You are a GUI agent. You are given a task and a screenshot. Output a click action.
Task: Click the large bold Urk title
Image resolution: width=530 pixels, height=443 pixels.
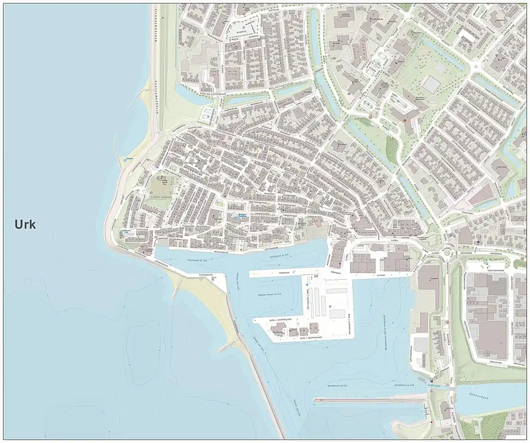tap(24, 225)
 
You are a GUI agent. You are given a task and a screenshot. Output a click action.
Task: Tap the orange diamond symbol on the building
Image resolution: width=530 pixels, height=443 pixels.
tap(405, 120)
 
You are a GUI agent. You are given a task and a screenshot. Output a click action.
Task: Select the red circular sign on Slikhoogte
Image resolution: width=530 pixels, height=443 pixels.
tap(447, 322)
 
